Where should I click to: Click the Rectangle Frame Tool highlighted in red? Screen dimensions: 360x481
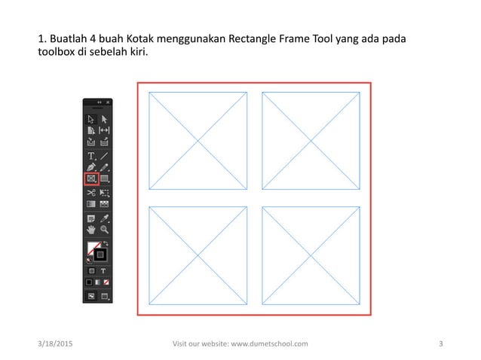[91, 179]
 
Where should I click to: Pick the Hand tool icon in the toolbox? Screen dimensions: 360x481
[91, 230]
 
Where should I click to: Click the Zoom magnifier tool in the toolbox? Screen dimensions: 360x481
[105, 230]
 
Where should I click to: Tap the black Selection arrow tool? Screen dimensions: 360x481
[91, 118]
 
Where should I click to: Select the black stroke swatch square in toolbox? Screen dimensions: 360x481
[100, 255]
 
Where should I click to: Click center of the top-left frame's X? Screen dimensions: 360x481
[198, 141]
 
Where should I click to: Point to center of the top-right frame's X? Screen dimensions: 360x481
[311, 141]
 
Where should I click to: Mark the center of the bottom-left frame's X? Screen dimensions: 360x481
[198, 255]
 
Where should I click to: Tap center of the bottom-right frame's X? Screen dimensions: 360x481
[311, 255]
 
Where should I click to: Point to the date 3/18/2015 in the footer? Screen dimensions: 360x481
[56, 344]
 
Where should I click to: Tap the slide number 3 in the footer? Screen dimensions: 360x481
[440, 344]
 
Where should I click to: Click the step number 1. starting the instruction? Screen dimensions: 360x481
[42, 38]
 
